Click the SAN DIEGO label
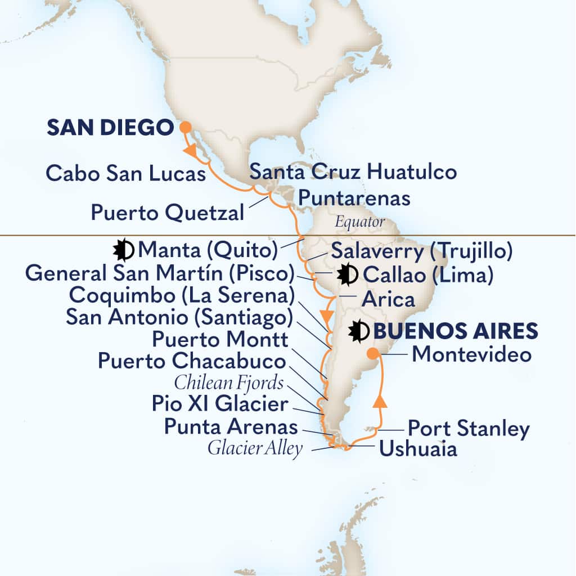[109, 128]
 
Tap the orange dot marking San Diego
[184, 128]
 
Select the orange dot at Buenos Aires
[372, 354]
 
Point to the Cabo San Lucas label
[125, 173]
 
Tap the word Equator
[360, 222]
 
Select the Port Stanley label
[468, 429]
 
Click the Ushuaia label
[417, 449]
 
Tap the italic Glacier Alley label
[255, 449]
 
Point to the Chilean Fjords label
[228, 382]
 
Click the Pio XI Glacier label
[212, 404]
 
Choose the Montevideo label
[471, 354]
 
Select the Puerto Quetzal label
[167, 213]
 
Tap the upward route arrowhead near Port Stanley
[381, 402]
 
